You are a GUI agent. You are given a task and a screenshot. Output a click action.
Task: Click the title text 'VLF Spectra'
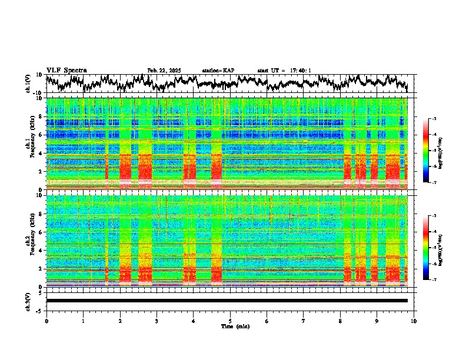66,71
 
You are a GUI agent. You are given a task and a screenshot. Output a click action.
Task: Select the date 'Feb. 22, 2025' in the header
164,71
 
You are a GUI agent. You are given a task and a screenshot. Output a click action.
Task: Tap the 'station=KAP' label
218,71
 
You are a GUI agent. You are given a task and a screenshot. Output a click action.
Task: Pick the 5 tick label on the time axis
230,321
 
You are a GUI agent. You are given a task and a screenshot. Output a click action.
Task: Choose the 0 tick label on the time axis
46,321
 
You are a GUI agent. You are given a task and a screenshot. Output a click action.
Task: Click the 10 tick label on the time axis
414,321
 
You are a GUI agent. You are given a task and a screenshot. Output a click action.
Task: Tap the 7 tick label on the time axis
304,321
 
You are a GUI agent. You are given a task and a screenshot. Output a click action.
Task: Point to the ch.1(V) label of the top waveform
28,84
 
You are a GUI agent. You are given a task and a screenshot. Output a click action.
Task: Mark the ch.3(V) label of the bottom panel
28,301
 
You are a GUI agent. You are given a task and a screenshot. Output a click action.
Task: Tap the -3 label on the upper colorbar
434,119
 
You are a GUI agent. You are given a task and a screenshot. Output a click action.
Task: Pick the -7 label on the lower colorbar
434,280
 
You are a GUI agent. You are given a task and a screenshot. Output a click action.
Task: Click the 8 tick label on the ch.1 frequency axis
41,116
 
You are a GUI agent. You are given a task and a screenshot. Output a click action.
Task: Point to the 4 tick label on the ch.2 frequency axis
41,250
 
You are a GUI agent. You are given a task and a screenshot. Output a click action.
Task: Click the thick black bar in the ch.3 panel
227,301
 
